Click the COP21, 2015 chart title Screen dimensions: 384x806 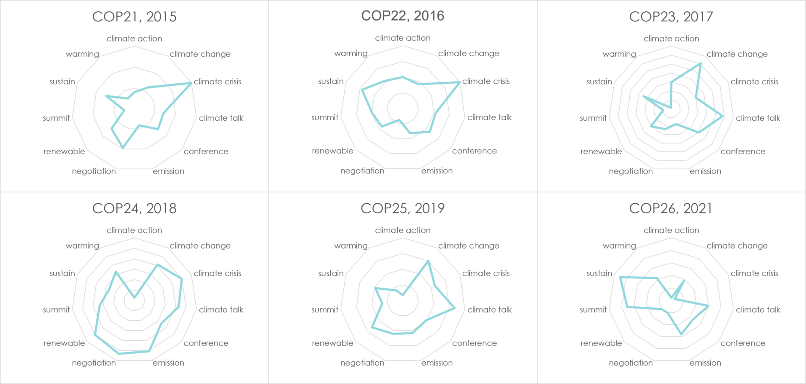(134, 17)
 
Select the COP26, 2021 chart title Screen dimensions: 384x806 (671, 208)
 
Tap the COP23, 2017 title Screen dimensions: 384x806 (671, 17)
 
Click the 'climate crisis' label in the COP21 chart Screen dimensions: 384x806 (217, 82)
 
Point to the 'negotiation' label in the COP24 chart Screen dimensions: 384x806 (94, 363)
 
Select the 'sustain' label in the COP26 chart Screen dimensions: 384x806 (599, 273)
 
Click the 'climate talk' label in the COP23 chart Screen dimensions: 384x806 (758, 118)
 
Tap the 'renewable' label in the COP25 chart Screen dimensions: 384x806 (332, 343)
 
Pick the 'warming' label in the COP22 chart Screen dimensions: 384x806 (351, 54)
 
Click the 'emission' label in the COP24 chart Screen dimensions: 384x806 (168, 363)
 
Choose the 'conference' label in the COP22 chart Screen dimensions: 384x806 (474, 151)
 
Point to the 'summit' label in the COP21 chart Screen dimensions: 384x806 (56, 118)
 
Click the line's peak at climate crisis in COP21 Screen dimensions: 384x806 (192, 83)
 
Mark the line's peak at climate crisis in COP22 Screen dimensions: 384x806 (460, 83)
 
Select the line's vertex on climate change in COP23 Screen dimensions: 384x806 (700, 64)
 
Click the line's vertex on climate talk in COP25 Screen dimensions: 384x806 (455, 309)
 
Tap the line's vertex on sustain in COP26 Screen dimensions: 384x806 (620, 277)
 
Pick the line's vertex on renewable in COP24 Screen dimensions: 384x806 (95, 335)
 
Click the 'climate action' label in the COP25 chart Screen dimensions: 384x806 (403, 230)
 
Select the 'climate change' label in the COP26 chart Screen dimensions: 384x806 (737, 246)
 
